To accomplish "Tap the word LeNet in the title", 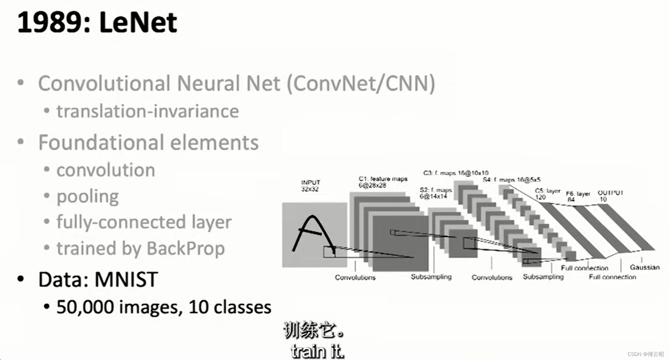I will [x=138, y=22].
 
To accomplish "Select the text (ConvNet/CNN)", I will [x=361, y=83].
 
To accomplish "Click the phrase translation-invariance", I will [x=147, y=111].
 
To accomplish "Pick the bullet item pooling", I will [x=87, y=197].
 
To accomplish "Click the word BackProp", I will [x=186, y=248].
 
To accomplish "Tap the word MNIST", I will [x=126, y=280].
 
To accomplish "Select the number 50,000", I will [x=85, y=307].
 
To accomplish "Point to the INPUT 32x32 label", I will [x=311, y=185].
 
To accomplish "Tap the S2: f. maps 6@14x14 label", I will [x=435, y=193].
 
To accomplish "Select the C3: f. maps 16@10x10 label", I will [x=456, y=173].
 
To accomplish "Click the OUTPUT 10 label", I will [x=610, y=196].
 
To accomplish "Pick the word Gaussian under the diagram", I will [x=645, y=267].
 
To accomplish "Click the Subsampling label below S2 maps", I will [x=431, y=277].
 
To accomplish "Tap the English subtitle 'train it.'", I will [x=317, y=351].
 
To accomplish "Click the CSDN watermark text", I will [x=645, y=354].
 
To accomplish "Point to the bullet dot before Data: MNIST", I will [x=21, y=279].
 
